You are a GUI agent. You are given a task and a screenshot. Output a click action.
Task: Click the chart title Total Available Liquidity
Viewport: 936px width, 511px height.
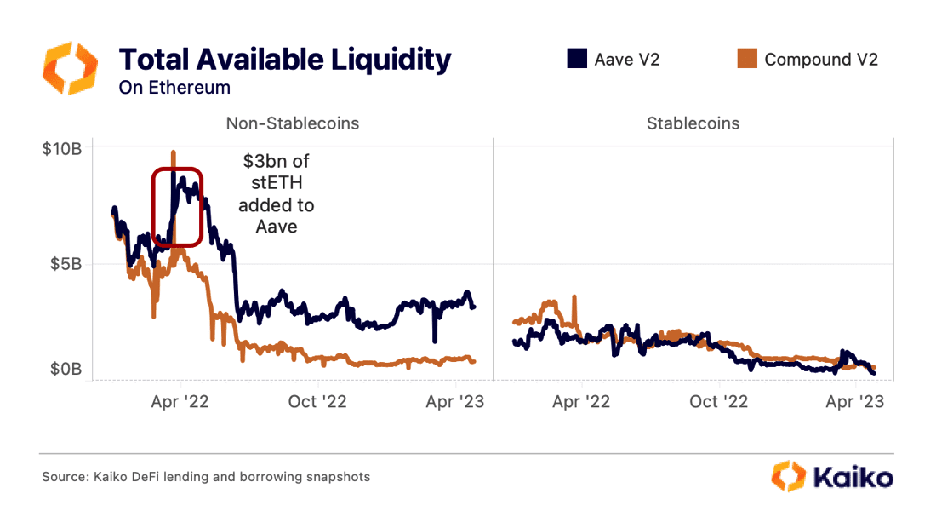click(x=284, y=60)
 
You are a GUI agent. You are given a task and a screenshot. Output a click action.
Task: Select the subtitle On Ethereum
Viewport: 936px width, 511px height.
click(x=174, y=88)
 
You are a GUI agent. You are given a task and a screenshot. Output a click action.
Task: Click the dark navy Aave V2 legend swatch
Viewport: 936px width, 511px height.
click(x=576, y=59)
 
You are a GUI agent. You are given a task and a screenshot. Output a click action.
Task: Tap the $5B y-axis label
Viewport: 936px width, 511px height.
click(x=65, y=264)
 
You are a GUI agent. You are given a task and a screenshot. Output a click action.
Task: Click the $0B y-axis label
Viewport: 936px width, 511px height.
click(x=65, y=370)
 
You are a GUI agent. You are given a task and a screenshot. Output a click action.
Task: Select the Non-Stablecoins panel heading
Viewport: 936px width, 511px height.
click(x=292, y=123)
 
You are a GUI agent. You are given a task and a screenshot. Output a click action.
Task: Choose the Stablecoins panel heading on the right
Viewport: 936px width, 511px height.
click(x=693, y=123)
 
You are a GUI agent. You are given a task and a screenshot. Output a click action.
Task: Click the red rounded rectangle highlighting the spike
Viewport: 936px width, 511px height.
click(x=177, y=207)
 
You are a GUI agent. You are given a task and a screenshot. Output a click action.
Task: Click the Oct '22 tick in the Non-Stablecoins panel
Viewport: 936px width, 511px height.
click(x=317, y=401)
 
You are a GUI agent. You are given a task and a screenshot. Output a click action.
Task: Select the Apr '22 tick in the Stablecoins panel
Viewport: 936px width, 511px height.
click(x=582, y=401)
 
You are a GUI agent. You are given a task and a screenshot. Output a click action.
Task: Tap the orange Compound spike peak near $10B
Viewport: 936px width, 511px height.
click(x=174, y=154)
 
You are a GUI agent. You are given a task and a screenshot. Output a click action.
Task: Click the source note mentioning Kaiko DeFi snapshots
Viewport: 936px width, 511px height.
click(x=206, y=477)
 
